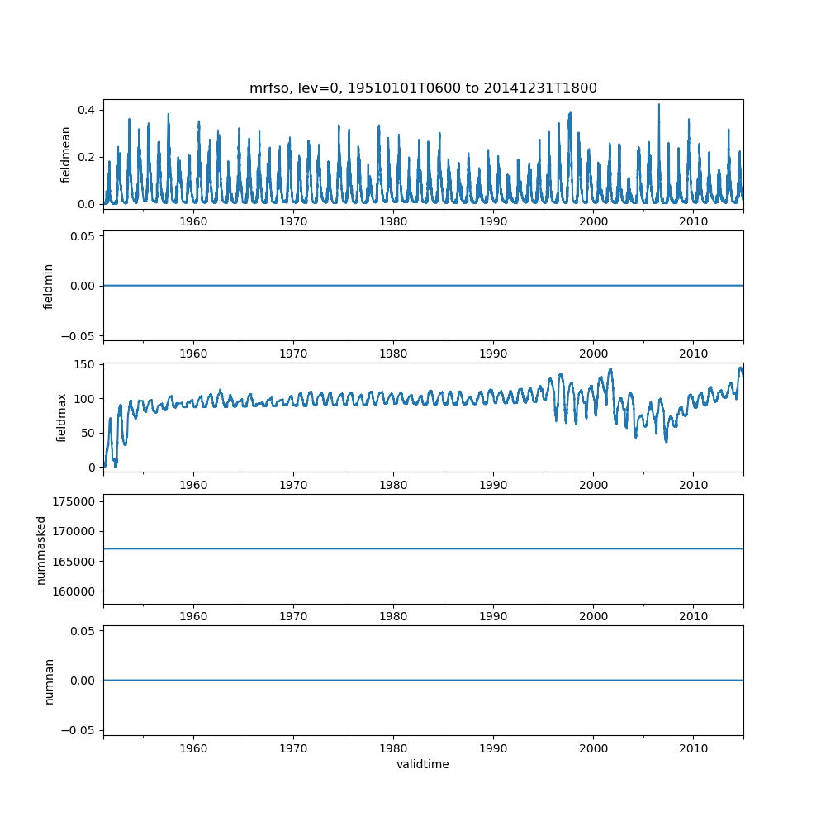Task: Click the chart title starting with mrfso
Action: pos(423,88)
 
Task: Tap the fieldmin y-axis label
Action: pos(49,287)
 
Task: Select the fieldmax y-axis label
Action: pos(60,417)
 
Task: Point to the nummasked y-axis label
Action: pos(40,549)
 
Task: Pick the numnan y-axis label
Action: pos(49,681)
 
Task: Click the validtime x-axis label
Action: pos(423,764)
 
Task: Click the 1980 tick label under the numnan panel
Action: pos(393,748)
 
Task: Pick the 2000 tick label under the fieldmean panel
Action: pos(593,221)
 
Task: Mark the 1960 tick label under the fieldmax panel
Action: pos(193,484)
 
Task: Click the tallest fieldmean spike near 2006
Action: pos(658,105)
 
